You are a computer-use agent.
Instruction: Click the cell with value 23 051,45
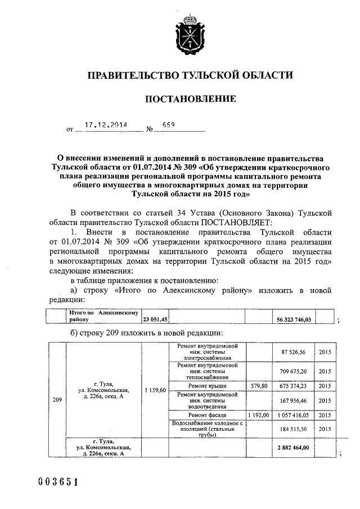155,319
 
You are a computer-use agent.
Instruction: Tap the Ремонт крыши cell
208,386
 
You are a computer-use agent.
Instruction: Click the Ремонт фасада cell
208,415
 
